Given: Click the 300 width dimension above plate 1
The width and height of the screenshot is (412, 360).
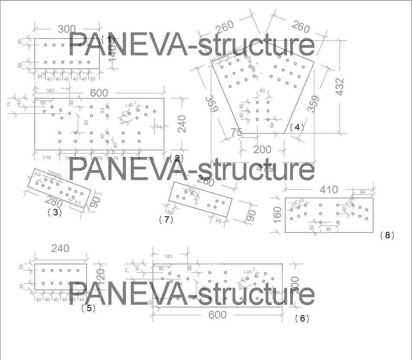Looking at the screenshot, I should (67, 29).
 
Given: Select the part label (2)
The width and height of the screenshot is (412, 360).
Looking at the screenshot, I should (177, 158).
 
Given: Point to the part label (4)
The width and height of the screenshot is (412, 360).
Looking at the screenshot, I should (297, 127).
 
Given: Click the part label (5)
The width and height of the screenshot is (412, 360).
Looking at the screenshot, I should (88, 308).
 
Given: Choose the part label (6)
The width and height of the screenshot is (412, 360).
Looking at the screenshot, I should (302, 319).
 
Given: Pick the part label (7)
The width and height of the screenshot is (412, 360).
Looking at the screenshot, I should (166, 220).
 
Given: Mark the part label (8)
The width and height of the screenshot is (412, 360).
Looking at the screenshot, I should (387, 235).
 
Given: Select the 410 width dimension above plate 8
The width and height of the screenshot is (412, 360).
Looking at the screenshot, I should (329, 190).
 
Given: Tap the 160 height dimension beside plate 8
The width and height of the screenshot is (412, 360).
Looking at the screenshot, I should (278, 215).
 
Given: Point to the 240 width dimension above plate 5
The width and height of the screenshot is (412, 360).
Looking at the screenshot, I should (60, 249).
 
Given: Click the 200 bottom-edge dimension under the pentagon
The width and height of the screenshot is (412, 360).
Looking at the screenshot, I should (263, 149).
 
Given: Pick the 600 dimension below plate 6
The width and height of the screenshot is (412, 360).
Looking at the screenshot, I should (217, 315).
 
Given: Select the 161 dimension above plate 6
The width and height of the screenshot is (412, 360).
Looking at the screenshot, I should (168, 256).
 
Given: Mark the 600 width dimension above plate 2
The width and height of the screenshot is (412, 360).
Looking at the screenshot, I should (99, 93).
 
